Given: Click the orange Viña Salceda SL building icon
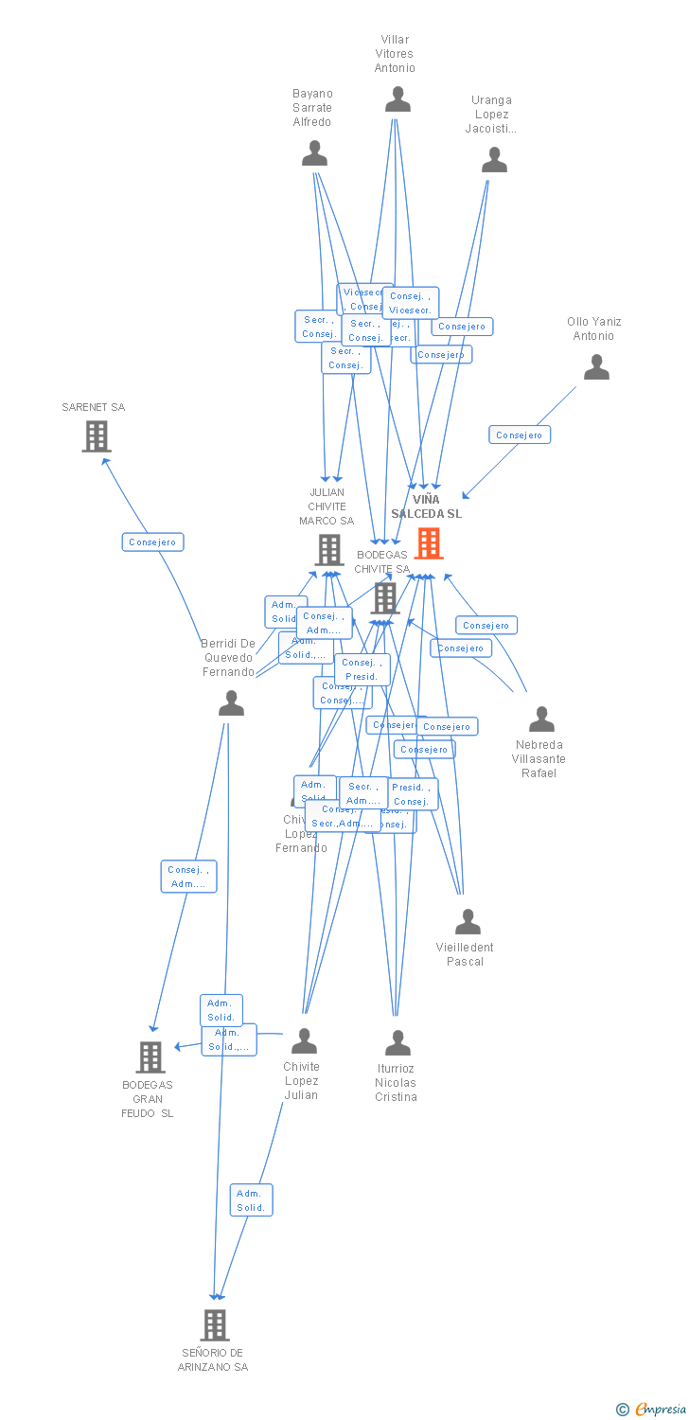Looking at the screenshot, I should (429, 543).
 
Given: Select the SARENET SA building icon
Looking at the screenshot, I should (96, 436).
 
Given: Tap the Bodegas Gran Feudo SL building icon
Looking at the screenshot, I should (150, 1056).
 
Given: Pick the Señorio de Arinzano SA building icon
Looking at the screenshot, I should (215, 1324).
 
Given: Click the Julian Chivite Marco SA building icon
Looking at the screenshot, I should (328, 549).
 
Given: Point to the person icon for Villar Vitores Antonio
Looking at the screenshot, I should (397, 99).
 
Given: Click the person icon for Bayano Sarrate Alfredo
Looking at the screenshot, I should (314, 153).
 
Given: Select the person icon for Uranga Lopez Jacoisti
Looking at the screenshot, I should (494, 160).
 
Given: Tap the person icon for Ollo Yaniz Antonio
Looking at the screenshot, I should (596, 367).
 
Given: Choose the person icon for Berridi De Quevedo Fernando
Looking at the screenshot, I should (231, 702).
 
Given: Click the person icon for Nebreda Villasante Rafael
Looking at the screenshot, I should (541, 719).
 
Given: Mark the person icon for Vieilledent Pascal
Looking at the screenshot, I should (468, 922).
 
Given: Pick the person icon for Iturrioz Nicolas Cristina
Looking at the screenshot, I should (397, 1043).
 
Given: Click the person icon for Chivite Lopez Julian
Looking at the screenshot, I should (304, 1041).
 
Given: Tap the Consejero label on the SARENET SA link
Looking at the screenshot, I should (152, 542).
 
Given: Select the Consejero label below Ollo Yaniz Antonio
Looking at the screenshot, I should (520, 435).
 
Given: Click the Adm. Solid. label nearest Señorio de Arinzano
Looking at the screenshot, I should (251, 1200).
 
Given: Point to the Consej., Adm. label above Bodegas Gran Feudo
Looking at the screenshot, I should (188, 877).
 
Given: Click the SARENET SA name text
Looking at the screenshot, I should (94, 407).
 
